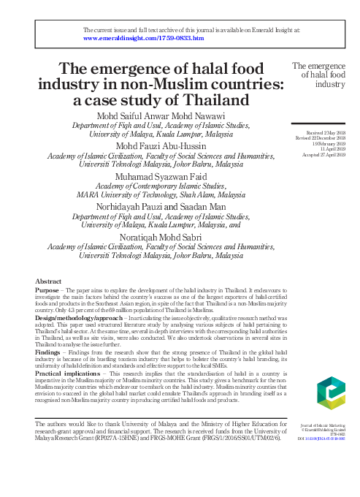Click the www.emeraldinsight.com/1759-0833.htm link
(144, 37)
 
